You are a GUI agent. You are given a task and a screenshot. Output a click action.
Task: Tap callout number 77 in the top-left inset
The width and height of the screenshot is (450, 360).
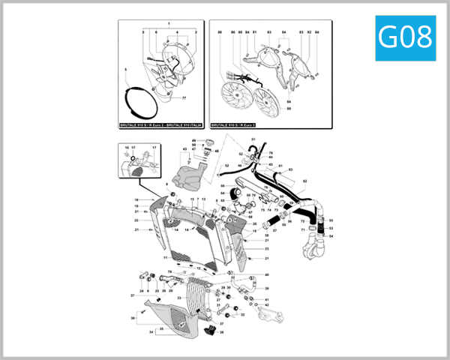[184, 98]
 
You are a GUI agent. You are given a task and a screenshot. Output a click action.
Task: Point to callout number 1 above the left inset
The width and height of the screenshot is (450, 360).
[169, 25]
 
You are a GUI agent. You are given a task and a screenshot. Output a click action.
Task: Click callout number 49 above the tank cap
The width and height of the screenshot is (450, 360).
[193, 141]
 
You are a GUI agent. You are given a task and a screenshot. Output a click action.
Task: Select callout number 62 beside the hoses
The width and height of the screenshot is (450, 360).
[304, 181]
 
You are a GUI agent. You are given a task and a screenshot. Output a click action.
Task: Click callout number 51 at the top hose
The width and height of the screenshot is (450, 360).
[253, 140]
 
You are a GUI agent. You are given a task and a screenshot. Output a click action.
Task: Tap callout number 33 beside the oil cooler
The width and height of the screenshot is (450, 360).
[179, 298]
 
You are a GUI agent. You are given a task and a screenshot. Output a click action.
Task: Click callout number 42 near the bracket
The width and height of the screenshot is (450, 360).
[266, 305]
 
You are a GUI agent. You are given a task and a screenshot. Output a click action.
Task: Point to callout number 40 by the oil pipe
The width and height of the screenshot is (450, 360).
[266, 275]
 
